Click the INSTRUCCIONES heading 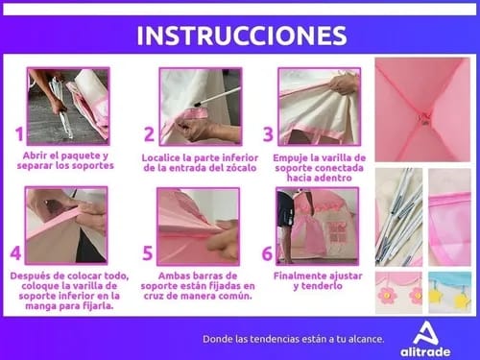click(242, 36)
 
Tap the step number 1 click(19, 134)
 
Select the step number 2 click(149, 134)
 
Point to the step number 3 click(268, 134)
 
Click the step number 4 click(15, 252)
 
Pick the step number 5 click(147, 253)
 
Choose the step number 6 click(267, 253)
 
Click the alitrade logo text click(425, 352)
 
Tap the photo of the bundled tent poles click(398, 217)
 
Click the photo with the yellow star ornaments click(449, 293)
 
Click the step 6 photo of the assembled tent click(317, 227)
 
